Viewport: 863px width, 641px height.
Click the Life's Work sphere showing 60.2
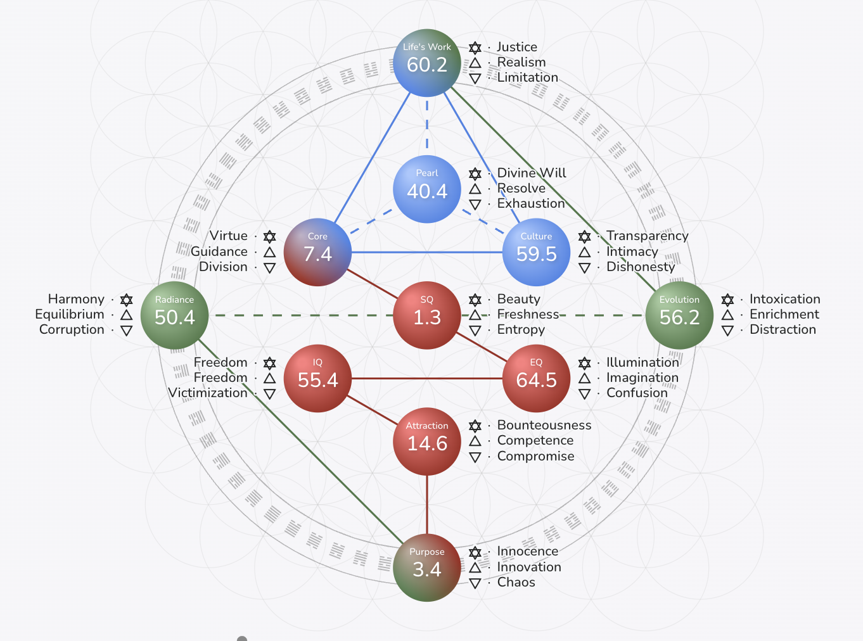point(427,63)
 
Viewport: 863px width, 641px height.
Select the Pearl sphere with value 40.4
point(427,189)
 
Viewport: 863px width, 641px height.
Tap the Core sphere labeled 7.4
point(317,252)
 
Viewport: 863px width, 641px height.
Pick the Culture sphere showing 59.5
point(536,252)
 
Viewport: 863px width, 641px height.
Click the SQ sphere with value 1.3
point(427,315)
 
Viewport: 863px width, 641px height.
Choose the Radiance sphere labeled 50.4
point(174,315)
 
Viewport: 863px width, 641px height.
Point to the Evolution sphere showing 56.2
point(679,315)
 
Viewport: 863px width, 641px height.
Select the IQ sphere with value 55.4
point(317,378)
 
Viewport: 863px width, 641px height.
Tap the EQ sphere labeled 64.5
point(536,378)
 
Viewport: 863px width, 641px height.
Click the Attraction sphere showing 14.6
point(427,441)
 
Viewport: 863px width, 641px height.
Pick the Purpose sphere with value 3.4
point(427,568)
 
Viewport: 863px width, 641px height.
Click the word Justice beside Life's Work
point(516,47)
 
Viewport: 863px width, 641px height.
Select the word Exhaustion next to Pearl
point(530,203)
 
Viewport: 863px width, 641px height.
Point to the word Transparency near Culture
point(647,236)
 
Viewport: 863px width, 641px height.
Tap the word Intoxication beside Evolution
point(784,299)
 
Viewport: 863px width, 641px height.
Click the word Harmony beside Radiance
point(76,299)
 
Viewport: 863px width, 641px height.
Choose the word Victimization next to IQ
point(208,393)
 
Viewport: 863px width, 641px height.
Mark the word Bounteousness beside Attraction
point(544,425)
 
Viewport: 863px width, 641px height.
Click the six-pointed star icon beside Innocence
point(475,552)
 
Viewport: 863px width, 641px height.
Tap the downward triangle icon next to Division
point(269,267)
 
